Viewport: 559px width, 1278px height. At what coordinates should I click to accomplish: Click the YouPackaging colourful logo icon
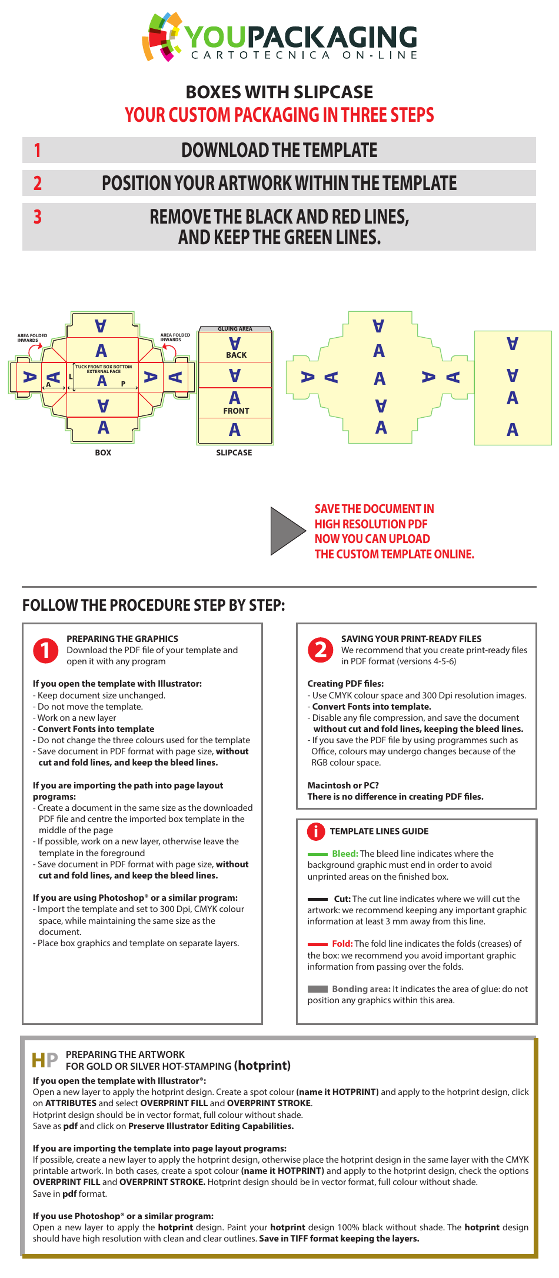tap(162, 36)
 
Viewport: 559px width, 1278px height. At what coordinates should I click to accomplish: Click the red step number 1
tap(38, 150)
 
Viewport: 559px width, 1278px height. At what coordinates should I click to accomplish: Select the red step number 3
tap(38, 217)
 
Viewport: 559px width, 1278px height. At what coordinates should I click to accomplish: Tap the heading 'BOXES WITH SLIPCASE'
tap(279, 92)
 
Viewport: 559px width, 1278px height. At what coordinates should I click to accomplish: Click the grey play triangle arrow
tap(287, 531)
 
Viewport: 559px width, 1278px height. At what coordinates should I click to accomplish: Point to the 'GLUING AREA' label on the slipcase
tap(235, 329)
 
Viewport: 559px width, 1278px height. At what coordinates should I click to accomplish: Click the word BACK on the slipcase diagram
tap(236, 355)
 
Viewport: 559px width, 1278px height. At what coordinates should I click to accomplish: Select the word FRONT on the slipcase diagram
tap(236, 411)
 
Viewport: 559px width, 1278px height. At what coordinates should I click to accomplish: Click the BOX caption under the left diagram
tap(103, 452)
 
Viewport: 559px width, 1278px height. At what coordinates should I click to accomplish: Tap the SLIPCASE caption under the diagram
tap(234, 452)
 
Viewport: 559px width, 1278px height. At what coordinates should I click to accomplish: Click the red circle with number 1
tap(46, 650)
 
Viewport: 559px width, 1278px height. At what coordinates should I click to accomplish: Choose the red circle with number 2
tap(321, 650)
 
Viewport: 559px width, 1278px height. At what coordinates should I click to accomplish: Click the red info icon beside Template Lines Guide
tap(316, 831)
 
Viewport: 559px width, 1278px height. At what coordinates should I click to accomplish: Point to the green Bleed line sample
tap(318, 854)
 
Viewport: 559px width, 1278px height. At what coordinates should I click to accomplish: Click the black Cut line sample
tap(318, 899)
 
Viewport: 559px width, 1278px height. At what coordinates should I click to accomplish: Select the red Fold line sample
tap(318, 944)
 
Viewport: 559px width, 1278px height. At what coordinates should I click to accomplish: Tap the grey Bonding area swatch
tap(318, 989)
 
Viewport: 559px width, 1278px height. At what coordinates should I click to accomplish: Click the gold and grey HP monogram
tap(45, 1060)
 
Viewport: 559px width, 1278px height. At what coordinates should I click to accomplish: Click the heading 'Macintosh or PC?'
tap(343, 786)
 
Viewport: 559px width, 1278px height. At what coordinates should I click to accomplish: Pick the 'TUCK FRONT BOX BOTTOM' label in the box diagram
tap(104, 367)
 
